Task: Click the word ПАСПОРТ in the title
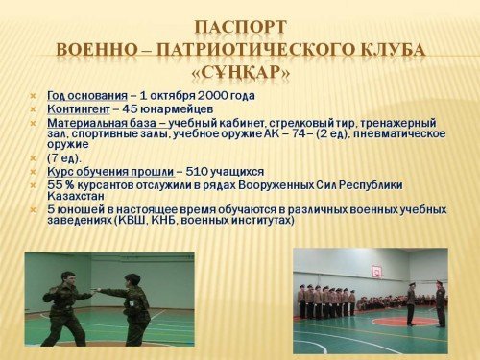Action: [240, 27]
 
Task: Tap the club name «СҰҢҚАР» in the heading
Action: [241, 73]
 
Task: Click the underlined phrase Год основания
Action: [87, 96]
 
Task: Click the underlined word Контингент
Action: [79, 109]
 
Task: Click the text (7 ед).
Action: [64, 158]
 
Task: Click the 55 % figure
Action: [60, 185]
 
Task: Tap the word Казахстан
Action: [76, 196]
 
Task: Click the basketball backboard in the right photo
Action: [376, 271]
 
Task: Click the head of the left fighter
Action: [70, 278]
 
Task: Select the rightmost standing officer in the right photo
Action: [441, 303]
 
